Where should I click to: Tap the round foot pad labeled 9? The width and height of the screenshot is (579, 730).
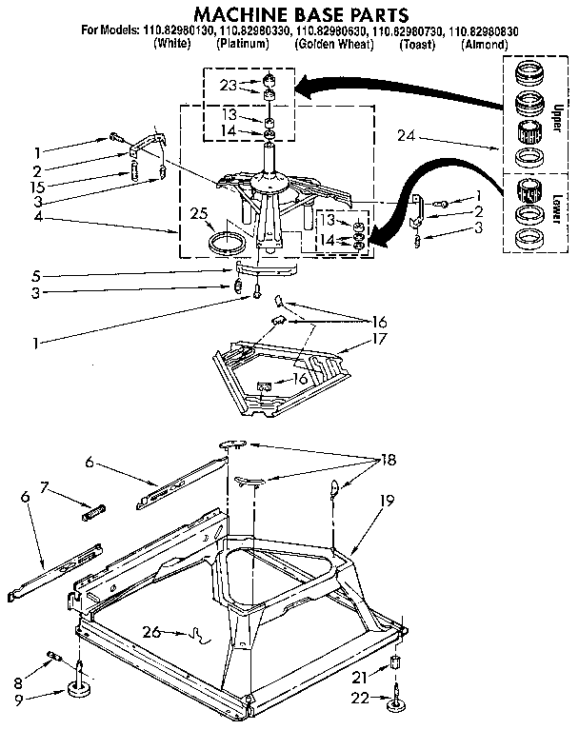(79, 688)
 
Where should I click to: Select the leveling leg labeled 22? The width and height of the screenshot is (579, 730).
(393, 700)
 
